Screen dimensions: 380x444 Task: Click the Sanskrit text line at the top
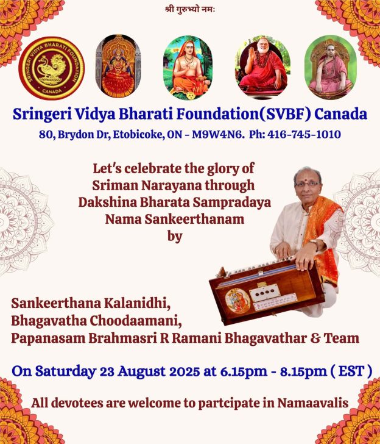coord(190,9)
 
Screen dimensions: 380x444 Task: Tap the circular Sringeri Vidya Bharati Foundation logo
coord(51,68)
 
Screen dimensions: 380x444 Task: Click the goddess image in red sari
coord(118,66)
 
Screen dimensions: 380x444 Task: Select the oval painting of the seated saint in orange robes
coord(188,67)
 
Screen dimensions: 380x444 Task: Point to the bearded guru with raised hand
coord(262,67)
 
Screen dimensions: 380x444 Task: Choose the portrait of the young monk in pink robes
coord(331,67)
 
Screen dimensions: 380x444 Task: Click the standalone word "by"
coord(175,236)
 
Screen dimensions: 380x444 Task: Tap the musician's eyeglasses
coord(308,184)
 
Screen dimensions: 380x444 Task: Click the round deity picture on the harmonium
coord(237,301)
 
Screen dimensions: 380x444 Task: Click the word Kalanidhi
coord(137,303)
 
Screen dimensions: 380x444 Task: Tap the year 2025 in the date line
coord(182,371)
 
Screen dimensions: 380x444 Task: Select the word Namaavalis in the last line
coord(313,403)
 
